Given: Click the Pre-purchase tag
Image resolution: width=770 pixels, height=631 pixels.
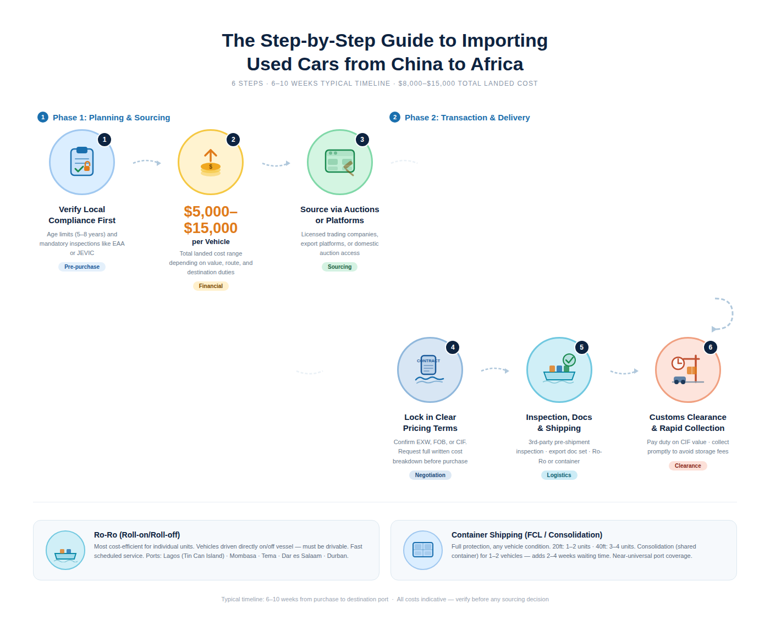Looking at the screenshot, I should (82, 267).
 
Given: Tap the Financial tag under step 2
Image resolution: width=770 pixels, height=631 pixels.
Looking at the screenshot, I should (211, 286).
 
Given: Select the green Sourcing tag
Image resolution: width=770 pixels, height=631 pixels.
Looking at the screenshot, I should (339, 267).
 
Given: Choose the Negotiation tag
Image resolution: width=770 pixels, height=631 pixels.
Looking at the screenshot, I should (430, 475).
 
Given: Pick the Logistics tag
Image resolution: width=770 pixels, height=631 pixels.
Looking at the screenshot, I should (559, 475).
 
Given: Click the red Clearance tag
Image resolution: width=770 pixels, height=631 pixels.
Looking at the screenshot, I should (687, 466).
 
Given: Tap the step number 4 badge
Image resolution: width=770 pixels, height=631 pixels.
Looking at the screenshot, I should (453, 347).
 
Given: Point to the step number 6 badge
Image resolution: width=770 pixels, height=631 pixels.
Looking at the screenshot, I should (710, 347).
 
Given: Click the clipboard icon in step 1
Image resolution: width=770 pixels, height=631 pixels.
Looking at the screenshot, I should (82, 162).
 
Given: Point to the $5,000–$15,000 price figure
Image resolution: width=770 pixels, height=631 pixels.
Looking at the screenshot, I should (211, 220).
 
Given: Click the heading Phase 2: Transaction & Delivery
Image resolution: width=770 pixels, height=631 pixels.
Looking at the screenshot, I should (467, 118).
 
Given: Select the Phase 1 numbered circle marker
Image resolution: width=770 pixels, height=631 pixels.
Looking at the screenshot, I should (43, 117).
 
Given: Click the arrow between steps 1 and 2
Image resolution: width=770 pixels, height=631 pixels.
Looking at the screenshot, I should (147, 162).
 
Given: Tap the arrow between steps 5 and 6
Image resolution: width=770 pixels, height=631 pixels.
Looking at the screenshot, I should (624, 372).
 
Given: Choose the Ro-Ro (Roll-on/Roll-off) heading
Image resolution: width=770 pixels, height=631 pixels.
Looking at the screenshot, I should (137, 535).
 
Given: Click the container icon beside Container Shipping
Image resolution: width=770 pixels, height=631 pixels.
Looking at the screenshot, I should (423, 550).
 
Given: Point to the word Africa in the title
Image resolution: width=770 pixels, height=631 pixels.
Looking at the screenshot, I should (497, 64).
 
